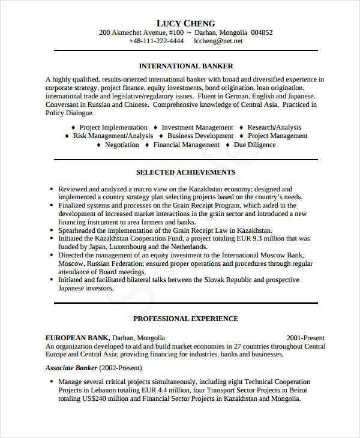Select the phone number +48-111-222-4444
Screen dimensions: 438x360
click(x=157, y=42)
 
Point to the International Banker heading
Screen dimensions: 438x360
click(x=185, y=66)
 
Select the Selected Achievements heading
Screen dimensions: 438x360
click(x=185, y=172)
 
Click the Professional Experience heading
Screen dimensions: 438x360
click(x=185, y=319)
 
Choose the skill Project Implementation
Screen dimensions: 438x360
click(x=113, y=127)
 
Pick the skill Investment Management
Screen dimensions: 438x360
click(x=197, y=127)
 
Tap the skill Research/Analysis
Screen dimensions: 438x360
click(x=274, y=127)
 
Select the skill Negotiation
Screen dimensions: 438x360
click(x=122, y=145)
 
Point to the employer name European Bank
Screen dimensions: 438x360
click(x=72, y=338)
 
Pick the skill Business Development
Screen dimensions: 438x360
click(x=202, y=136)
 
